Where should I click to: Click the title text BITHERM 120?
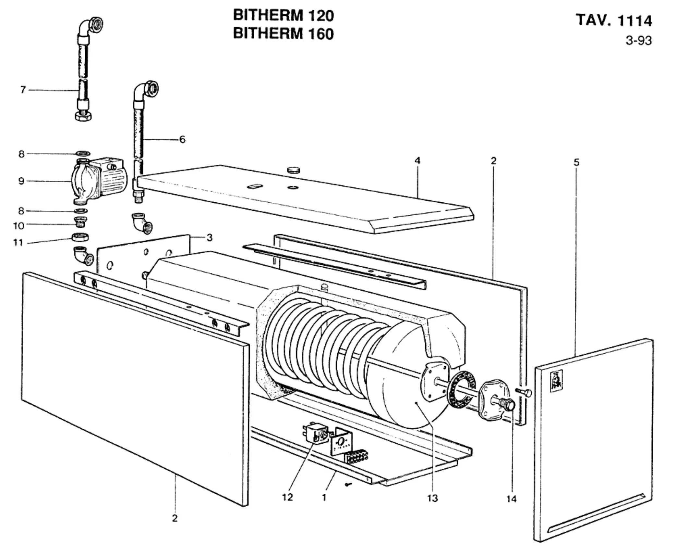tap(284, 16)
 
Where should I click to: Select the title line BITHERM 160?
tap(284, 34)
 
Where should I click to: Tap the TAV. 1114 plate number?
tap(614, 20)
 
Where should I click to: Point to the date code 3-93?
tap(639, 41)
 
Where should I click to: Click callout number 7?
tap(23, 90)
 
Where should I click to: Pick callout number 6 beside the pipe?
tap(182, 139)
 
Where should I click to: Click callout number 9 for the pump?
tap(21, 181)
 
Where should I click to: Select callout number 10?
tap(19, 226)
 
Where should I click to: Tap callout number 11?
tap(18, 243)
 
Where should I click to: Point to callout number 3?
tap(210, 238)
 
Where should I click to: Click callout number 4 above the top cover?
tap(417, 160)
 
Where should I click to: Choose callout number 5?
tap(576, 162)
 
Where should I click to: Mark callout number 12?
tap(287, 497)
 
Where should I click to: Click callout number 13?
tap(432, 498)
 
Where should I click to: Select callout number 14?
tap(512, 499)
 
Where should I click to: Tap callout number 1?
tap(324, 497)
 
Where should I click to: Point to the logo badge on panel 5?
tap(557, 380)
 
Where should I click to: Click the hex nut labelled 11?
tap(79, 237)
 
